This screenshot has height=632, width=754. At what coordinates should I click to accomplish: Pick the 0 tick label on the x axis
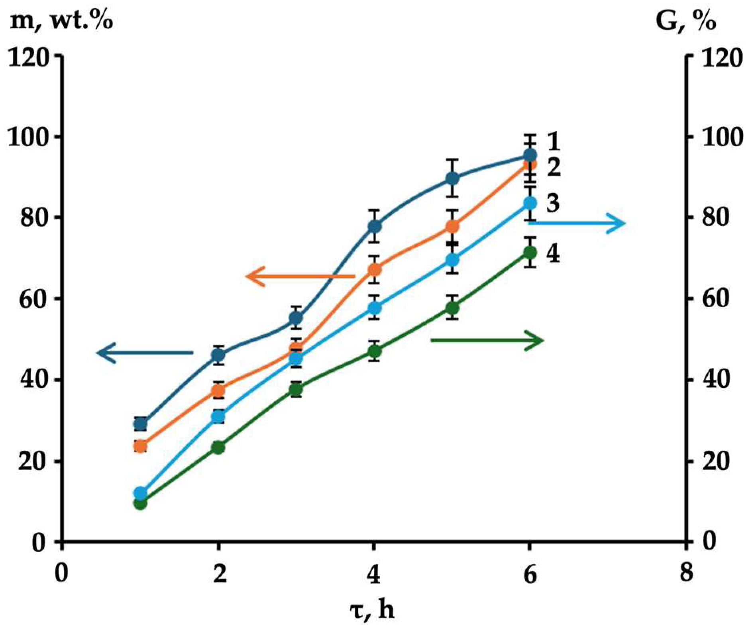coord(61,574)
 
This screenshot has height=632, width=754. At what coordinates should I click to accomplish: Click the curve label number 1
coord(553,142)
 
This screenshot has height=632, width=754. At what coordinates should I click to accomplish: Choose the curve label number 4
coord(553,253)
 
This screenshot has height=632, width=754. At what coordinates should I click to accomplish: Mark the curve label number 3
coord(553,203)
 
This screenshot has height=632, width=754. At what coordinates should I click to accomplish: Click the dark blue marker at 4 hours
coord(374,226)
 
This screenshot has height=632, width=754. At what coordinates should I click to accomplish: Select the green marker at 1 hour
coord(140,504)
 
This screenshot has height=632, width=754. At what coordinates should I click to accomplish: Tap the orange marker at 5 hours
coord(452,226)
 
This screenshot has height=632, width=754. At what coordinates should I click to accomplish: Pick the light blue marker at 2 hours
coord(218,417)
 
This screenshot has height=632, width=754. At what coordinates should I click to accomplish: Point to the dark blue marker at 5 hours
coord(452,178)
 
